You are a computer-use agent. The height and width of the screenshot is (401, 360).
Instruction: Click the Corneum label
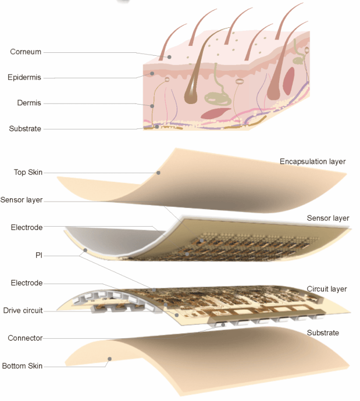tap(26, 52)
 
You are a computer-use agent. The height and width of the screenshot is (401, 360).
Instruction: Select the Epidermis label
tap(24, 77)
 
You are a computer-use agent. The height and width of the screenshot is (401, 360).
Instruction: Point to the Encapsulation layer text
tap(313, 162)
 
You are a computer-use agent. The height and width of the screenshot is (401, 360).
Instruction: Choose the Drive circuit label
tap(23, 310)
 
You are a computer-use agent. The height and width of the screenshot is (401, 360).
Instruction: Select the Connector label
tap(25, 338)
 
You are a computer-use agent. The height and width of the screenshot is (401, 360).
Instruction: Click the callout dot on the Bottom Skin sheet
tap(109, 359)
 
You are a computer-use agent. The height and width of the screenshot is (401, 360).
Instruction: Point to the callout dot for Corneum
tap(169, 57)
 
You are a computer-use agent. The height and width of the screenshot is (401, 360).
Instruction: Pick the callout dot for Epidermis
tap(153, 74)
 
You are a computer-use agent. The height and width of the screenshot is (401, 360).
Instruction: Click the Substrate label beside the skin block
tap(25, 128)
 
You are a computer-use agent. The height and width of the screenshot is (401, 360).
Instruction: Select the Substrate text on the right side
tap(323, 333)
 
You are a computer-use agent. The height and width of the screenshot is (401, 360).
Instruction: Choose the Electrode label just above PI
tap(27, 228)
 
